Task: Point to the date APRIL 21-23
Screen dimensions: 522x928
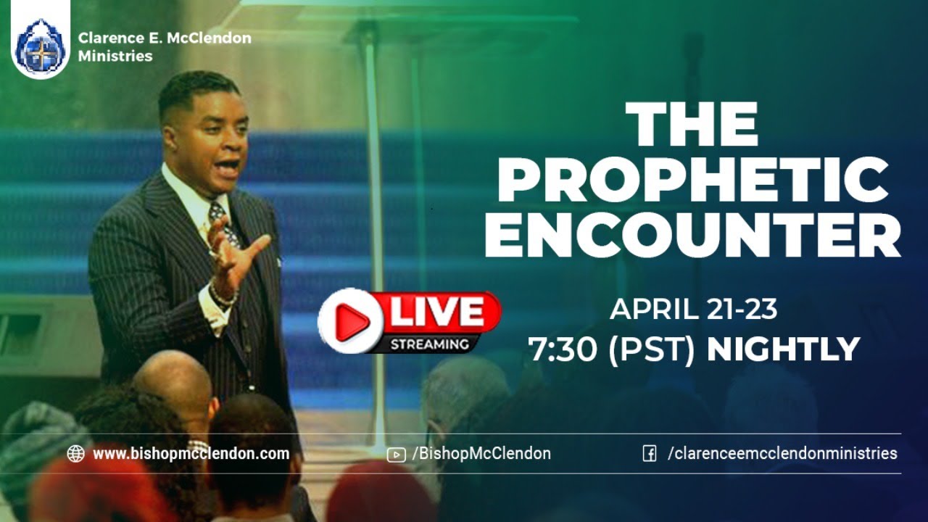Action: [693, 309]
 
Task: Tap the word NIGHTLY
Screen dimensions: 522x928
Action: [783, 349]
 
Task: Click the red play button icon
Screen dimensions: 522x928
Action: [350, 320]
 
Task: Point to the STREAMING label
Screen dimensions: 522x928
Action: [430, 344]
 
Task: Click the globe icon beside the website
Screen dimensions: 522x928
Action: [75, 454]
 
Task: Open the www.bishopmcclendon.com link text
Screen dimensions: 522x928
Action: [191, 454]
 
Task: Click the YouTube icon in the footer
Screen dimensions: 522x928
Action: [396, 455]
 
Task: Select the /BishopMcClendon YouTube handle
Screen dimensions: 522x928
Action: [481, 454]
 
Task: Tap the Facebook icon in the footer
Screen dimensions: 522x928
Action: [650, 454]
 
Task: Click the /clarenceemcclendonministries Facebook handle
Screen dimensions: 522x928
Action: [782, 454]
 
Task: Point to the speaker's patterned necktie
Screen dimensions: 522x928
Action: [222, 221]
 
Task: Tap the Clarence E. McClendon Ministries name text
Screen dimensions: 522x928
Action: [165, 46]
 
